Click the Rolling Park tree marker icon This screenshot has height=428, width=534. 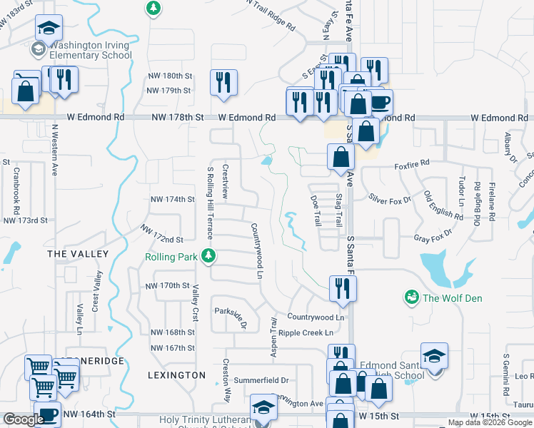208,255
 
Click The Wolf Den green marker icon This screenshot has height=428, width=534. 411,297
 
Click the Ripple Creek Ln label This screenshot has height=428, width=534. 306,332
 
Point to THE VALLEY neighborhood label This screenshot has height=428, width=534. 78,254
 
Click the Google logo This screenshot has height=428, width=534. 24,419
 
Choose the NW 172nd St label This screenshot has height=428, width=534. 162,235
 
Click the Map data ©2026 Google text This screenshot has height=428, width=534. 490,422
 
